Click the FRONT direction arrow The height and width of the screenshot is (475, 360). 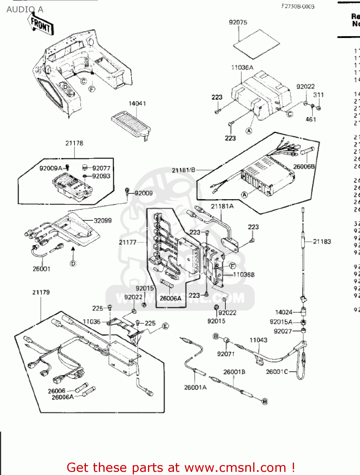click(x=41, y=24)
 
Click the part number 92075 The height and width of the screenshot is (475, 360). click(x=238, y=22)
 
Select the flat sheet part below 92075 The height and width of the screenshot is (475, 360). click(x=256, y=44)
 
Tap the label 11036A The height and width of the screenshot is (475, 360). click(x=242, y=67)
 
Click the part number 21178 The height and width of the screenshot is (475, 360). click(x=74, y=143)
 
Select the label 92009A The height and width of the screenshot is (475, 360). click(x=51, y=168)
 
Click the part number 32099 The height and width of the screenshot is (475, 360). click(x=102, y=220)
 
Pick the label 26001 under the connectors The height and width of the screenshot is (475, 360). click(x=41, y=269)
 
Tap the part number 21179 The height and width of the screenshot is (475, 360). click(x=41, y=292)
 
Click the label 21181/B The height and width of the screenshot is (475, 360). click(x=183, y=170)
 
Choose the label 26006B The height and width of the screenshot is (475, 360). click(x=304, y=167)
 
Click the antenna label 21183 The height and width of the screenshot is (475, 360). click(x=322, y=242)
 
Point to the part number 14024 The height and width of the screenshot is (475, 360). click(x=284, y=312)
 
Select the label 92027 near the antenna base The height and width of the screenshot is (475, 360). click(x=283, y=331)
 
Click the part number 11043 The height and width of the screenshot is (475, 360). click(x=258, y=340)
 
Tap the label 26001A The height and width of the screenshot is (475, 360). click(x=195, y=387)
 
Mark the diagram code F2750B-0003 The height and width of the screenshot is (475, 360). click(x=298, y=6)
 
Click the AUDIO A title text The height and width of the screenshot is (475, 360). click(x=25, y=9)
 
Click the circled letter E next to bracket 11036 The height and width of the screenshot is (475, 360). click(x=165, y=326)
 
